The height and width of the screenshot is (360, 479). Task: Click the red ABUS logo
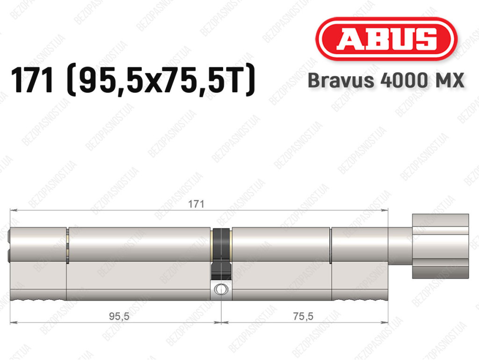coord(386,39)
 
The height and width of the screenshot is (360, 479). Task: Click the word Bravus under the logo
coord(341,81)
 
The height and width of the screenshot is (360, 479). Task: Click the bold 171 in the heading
coord(32,81)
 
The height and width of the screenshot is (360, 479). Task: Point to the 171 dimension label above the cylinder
coord(196,204)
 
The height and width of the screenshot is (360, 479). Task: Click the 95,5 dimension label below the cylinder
coord(119,316)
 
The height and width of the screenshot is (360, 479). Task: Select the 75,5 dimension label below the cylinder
coord(303,316)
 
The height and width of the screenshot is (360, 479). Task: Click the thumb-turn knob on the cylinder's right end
coord(440,246)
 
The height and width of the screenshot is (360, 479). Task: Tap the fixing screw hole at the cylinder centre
coord(221,289)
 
